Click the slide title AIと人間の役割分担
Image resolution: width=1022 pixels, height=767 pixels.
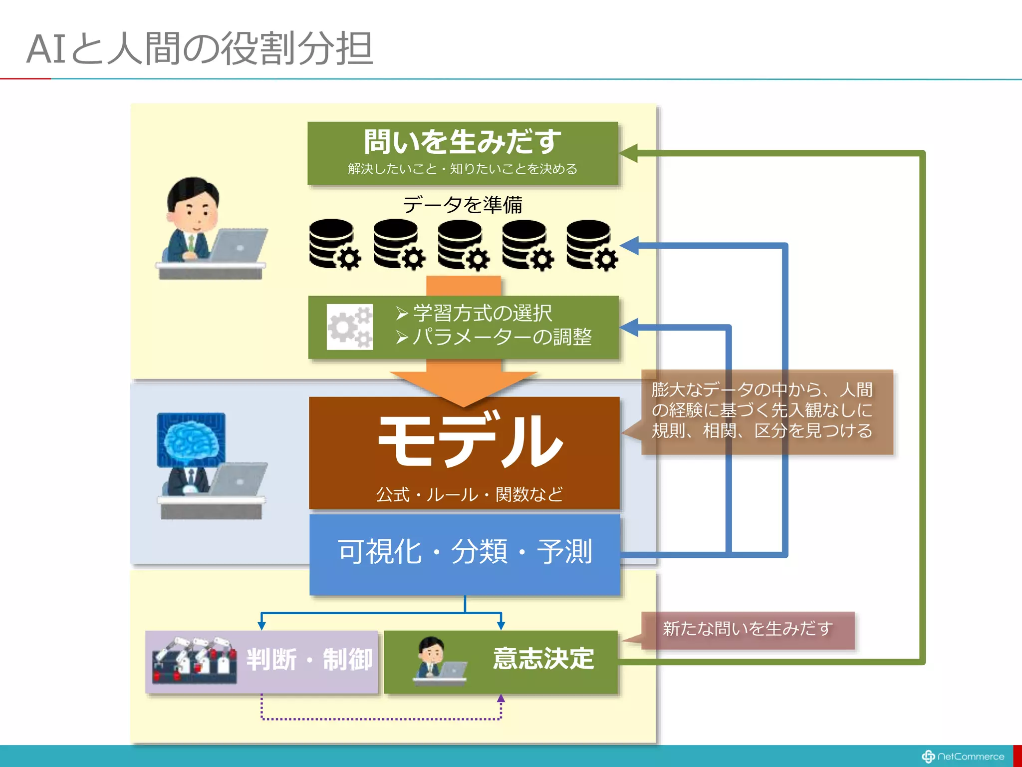tap(200, 48)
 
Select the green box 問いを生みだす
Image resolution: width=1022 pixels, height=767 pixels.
tap(463, 153)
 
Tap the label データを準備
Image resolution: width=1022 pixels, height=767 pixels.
tap(462, 205)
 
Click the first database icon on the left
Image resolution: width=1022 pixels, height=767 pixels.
tap(333, 244)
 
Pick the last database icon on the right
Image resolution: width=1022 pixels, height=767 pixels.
tap(591, 244)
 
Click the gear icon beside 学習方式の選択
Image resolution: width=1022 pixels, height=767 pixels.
tap(349, 327)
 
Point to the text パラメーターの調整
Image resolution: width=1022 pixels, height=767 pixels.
tap(502, 337)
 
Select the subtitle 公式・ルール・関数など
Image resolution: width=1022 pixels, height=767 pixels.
tap(469, 494)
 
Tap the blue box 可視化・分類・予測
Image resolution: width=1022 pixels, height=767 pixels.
tap(465, 553)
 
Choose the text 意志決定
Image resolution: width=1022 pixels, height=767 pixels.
tap(543, 658)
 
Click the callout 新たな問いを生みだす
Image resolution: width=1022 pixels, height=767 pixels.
tap(748, 629)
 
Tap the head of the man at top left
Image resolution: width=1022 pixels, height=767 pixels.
tap(193, 202)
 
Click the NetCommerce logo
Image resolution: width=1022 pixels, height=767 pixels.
tap(963, 757)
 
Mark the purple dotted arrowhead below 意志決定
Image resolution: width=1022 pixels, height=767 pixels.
tap(501, 699)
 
